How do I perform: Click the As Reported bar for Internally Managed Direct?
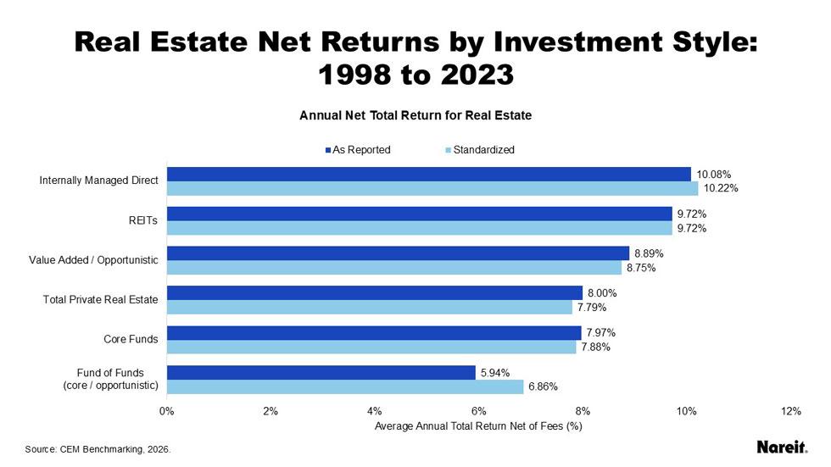pyautogui.click(x=428, y=175)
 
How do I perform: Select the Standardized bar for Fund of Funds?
pyautogui.click(x=345, y=386)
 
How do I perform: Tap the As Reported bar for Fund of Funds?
pyautogui.click(x=321, y=372)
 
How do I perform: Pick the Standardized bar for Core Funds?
pyautogui.click(x=371, y=347)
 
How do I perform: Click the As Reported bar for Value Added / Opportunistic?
pyautogui.click(x=398, y=253)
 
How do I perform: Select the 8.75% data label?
pyautogui.click(x=641, y=268)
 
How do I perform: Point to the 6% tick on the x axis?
pyautogui.click(x=478, y=411)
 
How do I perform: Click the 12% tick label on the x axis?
pyautogui.click(x=790, y=411)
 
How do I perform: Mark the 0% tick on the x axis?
pyautogui.click(x=167, y=411)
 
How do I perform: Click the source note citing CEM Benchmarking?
pyautogui.click(x=98, y=449)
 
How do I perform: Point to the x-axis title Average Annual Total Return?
pyautogui.click(x=478, y=425)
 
